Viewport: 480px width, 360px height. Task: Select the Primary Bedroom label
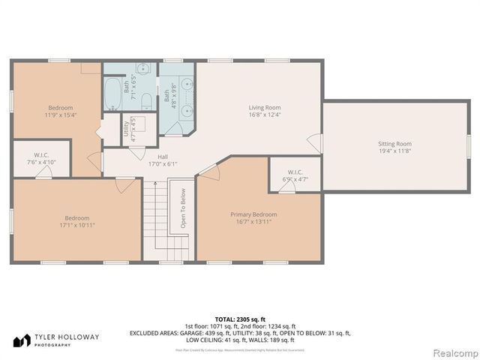[247, 214]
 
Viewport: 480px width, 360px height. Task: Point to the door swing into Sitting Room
[318, 142]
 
